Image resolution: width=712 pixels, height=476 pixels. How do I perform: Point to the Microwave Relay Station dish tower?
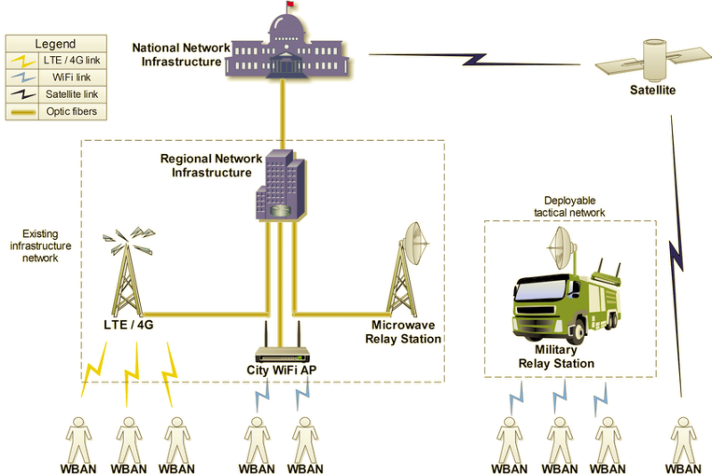pyautogui.click(x=410, y=267)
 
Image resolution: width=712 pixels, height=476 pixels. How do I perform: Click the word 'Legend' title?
pyautogui.click(x=55, y=44)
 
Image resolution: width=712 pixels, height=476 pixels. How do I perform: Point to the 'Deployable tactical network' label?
pyautogui.click(x=569, y=207)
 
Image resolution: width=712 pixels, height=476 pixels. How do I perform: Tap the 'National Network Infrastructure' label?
pyautogui.click(x=181, y=54)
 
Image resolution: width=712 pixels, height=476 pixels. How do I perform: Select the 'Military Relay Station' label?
pyautogui.click(x=556, y=357)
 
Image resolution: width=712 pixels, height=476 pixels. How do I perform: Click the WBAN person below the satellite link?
pyautogui.click(x=683, y=438)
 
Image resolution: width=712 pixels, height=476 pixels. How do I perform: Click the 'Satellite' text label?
pyautogui.click(x=652, y=90)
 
